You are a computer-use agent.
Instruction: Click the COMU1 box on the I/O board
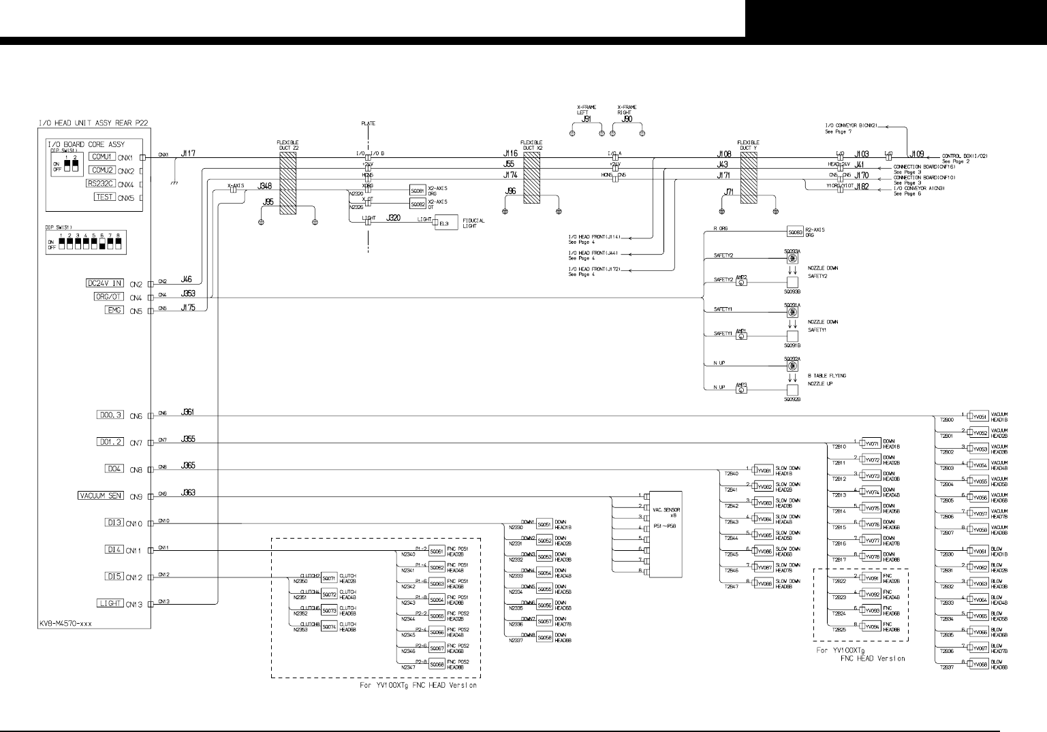[x=103, y=157]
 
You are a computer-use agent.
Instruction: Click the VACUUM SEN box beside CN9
[x=101, y=496]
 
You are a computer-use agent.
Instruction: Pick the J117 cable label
[x=188, y=154]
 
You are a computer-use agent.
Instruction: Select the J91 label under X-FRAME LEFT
[x=586, y=119]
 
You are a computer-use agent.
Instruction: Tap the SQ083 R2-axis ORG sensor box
[x=795, y=232]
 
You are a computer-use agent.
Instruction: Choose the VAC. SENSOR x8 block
[x=666, y=534]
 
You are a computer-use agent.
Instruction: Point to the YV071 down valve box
[x=872, y=443]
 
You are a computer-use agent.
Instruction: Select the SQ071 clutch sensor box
[x=329, y=578]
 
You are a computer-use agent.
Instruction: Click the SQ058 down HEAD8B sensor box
[x=544, y=638]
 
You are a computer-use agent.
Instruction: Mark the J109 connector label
[x=917, y=155]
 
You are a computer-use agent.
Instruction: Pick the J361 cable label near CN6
[x=188, y=413]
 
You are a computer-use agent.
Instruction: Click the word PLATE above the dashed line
[x=368, y=123]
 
